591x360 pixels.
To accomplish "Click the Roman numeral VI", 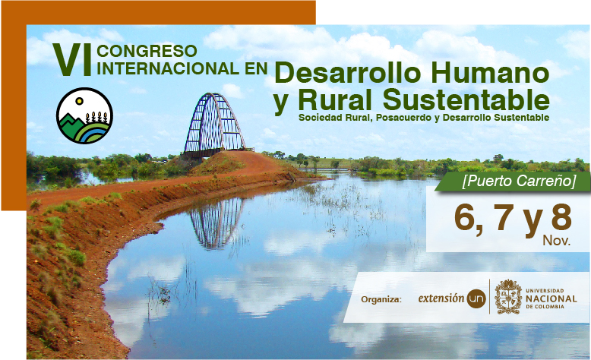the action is pyautogui.click(x=72, y=59).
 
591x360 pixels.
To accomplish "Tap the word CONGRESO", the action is pyautogui.click(x=147, y=51).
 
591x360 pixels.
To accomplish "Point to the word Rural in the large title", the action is pyautogui.click(x=335, y=99).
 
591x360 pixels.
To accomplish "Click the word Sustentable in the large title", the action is pyautogui.click(x=466, y=99).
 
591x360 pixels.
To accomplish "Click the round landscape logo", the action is pyautogui.click(x=84, y=115).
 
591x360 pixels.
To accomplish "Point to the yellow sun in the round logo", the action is pyautogui.click(x=79, y=101).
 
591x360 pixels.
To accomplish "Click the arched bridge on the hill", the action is pyautogui.click(x=214, y=125).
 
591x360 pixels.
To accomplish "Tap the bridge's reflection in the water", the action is pyautogui.click(x=216, y=223).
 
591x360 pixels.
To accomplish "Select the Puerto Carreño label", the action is pyautogui.click(x=520, y=182).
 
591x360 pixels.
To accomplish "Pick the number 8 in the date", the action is pyautogui.click(x=561, y=216).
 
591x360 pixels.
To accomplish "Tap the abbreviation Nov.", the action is pyautogui.click(x=556, y=241).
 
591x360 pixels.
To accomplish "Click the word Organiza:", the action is pyautogui.click(x=381, y=300).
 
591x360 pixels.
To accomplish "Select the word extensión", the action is pyautogui.click(x=441, y=298).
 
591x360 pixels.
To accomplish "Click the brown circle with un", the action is pyautogui.click(x=476, y=298).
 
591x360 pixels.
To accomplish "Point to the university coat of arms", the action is pyautogui.click(x=508, y=297).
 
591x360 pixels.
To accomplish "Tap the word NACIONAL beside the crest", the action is pyautogui.click(x=551, y=298).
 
